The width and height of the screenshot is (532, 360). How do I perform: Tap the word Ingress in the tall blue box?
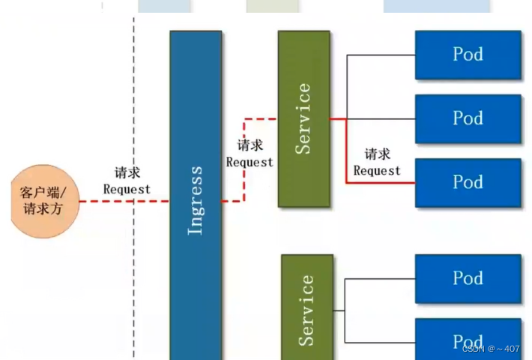[195, 200]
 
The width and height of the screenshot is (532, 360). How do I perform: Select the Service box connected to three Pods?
[303, 118]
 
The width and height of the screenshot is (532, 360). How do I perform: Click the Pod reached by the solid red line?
[468, 182]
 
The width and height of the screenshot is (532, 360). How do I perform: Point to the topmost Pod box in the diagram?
[468, 55]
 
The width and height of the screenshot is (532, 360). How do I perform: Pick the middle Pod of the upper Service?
[468, 118]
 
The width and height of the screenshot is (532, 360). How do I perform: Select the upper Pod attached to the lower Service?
[468, 278]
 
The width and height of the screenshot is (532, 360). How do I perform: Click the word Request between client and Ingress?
[127, 189]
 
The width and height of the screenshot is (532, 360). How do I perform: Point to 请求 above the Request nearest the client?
[127, 173]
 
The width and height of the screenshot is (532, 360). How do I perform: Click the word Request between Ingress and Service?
[250, 162]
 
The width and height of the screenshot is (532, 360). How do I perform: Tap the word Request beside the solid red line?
[377, 170]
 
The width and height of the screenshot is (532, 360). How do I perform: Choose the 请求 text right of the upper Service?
[377, 154]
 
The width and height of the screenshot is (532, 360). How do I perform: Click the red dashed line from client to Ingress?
[105, 201]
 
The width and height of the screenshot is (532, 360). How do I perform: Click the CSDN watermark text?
[491, 349]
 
